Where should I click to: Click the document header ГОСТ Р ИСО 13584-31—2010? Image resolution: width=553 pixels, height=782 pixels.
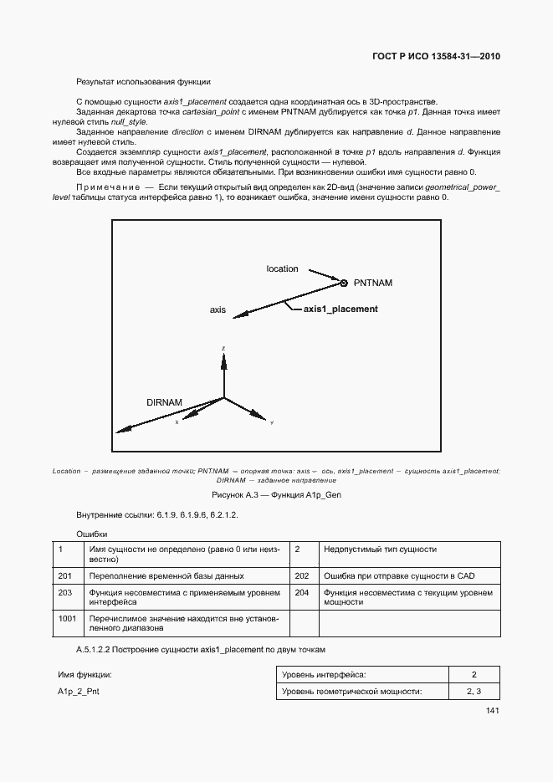pyautogui.click(x=435, y=57)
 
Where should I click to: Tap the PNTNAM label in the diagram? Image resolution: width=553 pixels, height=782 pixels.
pyautogui.click(x=372, y=283)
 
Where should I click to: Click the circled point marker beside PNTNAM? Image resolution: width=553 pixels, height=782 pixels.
pyautogui.click(x=343, y=282)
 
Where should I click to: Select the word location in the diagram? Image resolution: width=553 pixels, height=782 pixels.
pyautogui.click(x=282, y=268)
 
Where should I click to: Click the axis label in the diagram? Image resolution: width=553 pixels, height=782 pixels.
pyautogui.click(x=218, y=309)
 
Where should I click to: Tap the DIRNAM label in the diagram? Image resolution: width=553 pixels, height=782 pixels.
pyautogui.click(x=164, y=402)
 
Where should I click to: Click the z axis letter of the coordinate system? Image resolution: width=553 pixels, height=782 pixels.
pyautogui.click(x=223, y=347)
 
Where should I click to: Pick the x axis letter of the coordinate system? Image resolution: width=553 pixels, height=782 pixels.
pyautogui.click(x=177, y=422)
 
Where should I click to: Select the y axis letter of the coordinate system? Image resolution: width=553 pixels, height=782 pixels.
pyautogui.click(x=272, y=422)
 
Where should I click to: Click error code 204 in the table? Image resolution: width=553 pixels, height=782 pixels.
pyautogui.click(x=302, y=592)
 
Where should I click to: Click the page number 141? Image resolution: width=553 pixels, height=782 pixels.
pyautogui.click(x=492, y=711)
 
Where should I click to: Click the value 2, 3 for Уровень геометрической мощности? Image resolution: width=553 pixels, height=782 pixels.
pyautogui.click(x=474, y=691)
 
